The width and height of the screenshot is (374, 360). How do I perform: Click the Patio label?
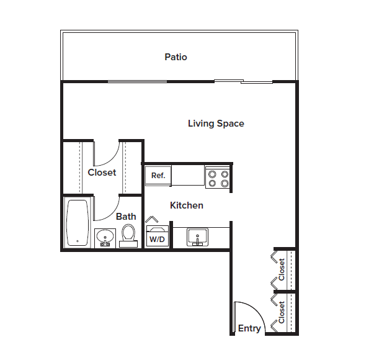pyautogui.click(x=176, y=57)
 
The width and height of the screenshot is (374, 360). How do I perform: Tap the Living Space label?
pyautogui.click(x=216, y=124)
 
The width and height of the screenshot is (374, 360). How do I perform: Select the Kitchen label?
pyautogui.click(x=187, y=205)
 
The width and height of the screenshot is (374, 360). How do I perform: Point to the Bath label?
pyautogui.click(x=126, y=217)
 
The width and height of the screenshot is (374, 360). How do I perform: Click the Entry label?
pyautogui.click(x=249, y=328)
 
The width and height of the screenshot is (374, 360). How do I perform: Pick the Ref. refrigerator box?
pyautogui.click(x=158, y=176)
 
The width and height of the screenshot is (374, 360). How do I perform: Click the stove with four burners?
pyautogui.click(x=218, y=178)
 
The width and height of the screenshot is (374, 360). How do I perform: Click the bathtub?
pyautogui.click(x=78, y=223)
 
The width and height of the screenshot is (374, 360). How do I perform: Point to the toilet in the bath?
pyautogui.click(x=128, y=235)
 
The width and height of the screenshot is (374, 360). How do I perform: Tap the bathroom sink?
pyautogui.click(x=104, y=237)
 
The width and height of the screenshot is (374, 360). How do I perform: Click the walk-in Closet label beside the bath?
pyautogui.click(x=102, y=173)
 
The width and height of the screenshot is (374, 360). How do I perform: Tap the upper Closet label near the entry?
pyautogui.click(x=282, y=269)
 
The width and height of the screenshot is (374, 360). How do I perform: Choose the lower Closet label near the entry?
pyautogui.click(x=282, y=312)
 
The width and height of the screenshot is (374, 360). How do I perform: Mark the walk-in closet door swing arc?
pyautogui.click(x=107, y=155)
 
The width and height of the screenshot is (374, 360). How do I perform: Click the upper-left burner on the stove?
pyautogui.click(x=211, y=174)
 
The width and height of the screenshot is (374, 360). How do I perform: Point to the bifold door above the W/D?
pyautogui.click(x=153, y=220)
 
